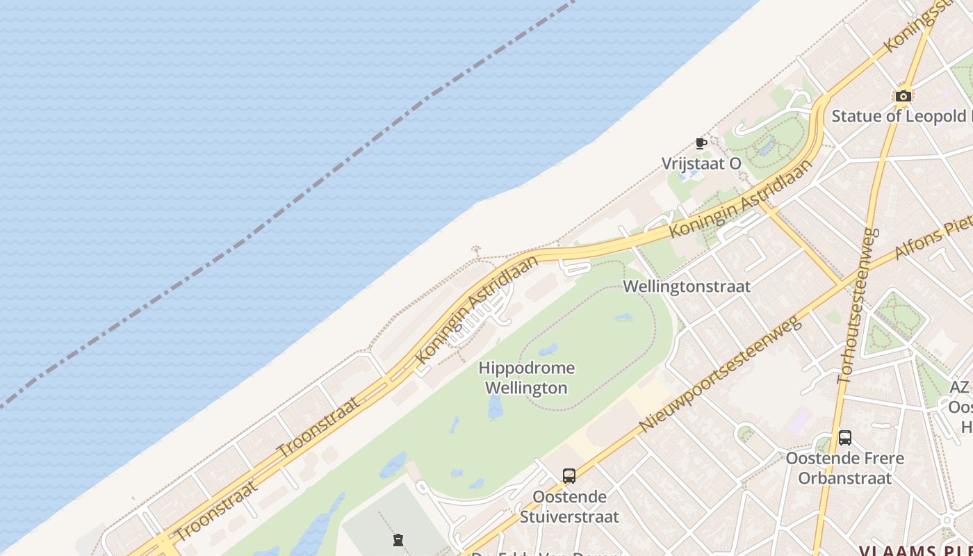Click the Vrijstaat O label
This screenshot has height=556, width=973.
(x=701, y=163)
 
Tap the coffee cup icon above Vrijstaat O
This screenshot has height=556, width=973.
(x=701, y=144)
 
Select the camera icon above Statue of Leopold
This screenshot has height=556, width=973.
(x=903, y=96)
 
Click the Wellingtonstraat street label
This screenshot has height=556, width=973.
(x=687, y=286)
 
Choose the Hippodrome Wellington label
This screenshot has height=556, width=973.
(x=526, y=377)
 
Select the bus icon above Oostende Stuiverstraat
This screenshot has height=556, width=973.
(x=569, y=476)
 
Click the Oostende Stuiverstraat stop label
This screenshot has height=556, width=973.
(x=569, y=507)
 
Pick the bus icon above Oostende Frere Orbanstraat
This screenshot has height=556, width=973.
(x=844, y=438)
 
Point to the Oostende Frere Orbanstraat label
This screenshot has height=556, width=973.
(x=844, y=468)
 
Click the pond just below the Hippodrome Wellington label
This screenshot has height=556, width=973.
(x=496, y=408)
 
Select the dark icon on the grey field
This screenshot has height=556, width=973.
(x=398, y=539)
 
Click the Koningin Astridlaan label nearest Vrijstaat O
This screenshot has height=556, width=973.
(x=742, y=199)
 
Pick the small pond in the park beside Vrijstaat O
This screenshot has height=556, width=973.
(x=767, y=147)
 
